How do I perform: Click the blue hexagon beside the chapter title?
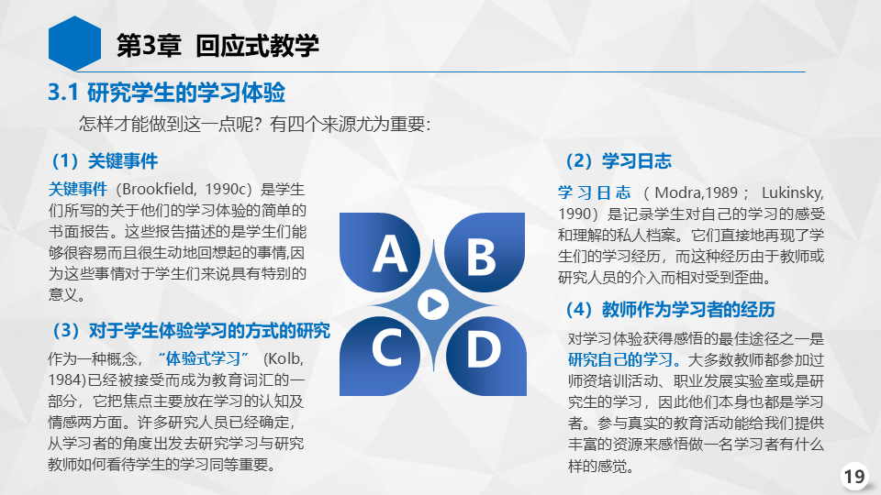click(74, 44)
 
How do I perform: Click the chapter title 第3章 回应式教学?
click(217, 46)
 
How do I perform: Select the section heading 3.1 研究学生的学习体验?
click(167, 93)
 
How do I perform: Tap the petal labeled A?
click(380, 252)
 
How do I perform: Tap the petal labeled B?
click(485, 252)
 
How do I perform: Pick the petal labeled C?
click(380, 357)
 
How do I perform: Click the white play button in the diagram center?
click(433, 304)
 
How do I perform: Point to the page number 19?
click(854, 477)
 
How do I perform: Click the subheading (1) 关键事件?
click(105, 161)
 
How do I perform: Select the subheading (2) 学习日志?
click(619, 161)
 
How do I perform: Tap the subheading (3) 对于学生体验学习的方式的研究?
click(191, 331)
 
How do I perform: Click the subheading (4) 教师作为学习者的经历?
click(671, 309)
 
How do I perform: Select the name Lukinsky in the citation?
click(792, 192)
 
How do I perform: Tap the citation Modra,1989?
click(697, 192)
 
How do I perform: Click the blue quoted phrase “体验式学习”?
click(204, 358)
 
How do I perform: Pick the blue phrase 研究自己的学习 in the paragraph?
click(620, 359)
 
